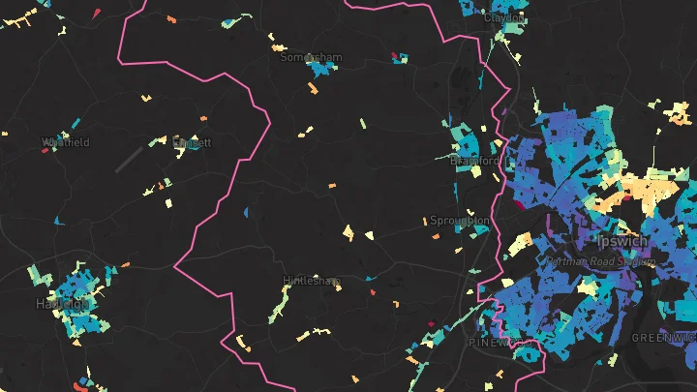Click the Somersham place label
(311, 57)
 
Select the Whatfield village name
(66, 142)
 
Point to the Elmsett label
(191, 142)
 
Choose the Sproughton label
(459, 221)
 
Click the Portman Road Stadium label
(600, 261)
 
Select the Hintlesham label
(311, 281)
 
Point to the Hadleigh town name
(62, 303)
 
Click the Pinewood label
(494, 343)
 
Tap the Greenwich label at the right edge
(664, 337)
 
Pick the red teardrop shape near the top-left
(99, 12)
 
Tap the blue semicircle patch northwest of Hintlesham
(246, 211)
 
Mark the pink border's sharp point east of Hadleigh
(175, 263)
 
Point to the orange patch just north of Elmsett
(203, 119)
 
